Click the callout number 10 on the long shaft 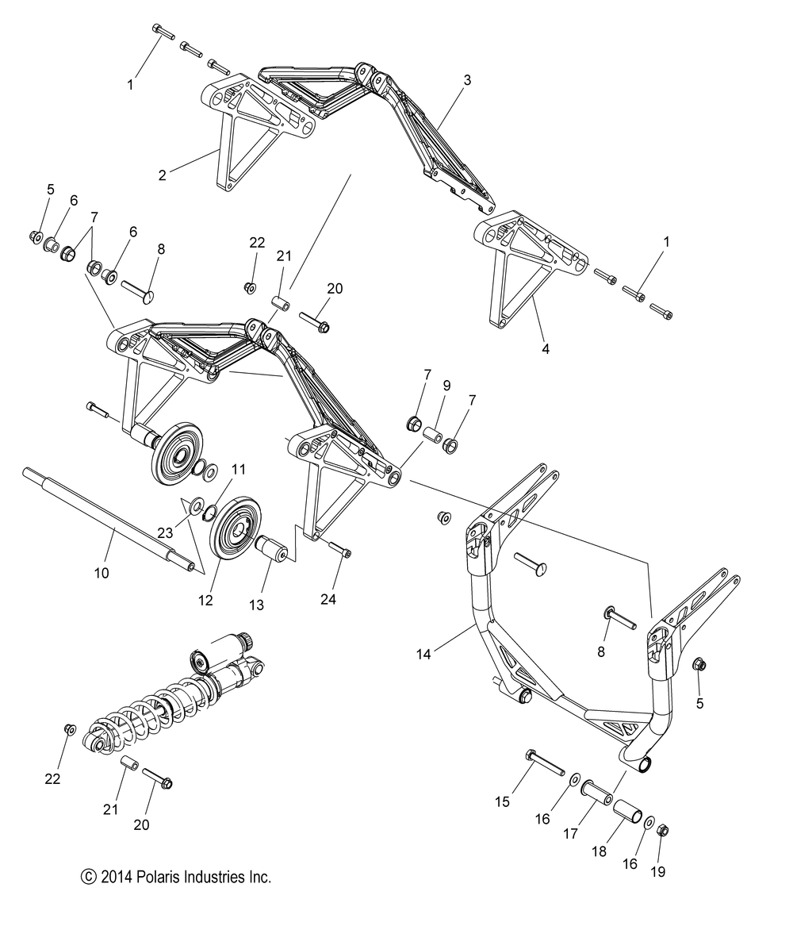pos(102,572)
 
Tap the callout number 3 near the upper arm pos(467,80)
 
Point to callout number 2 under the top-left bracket pos(163,175)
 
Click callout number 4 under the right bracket pos(546,348)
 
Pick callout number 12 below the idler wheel pos(205,601)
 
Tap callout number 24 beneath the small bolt pos(328,599)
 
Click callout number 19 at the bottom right pos(658,872)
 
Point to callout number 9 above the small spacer pos(446,386)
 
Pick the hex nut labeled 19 pos(664,831)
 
